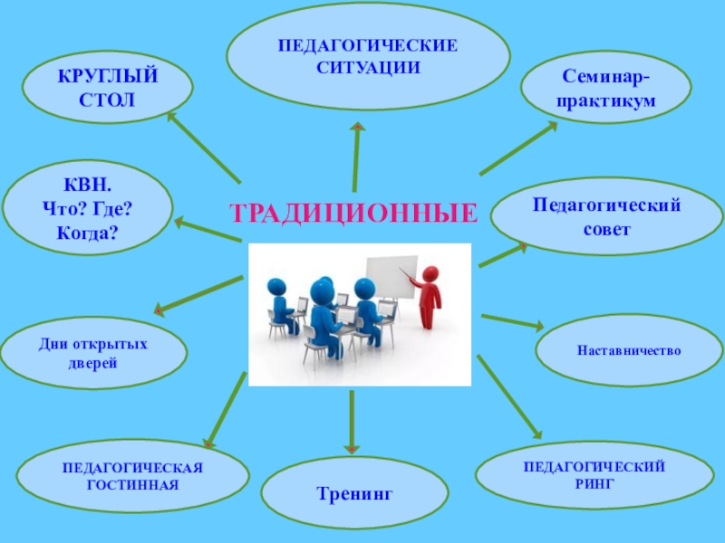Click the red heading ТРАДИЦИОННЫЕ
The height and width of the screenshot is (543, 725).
coord(353,214)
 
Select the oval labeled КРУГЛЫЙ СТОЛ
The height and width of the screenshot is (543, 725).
coord(108,87)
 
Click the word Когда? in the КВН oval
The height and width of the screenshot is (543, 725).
coord(87,233)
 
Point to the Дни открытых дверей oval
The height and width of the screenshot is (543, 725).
coord(93,353)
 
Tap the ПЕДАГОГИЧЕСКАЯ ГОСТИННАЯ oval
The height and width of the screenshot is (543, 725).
coord(133,475)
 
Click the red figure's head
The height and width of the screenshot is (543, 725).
coord(430,272)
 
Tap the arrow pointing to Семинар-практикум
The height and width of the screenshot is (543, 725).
coord(518,148)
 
